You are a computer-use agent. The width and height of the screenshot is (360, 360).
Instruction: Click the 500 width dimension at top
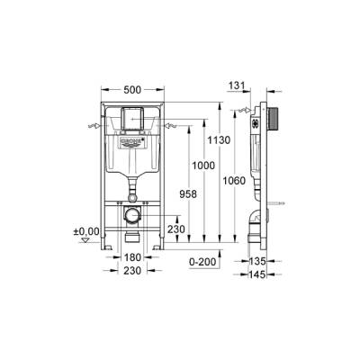(131, 92)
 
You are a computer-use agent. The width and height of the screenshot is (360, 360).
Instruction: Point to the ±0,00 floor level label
(85, 231)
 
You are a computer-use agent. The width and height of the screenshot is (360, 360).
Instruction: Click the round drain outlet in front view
(132, 216)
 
